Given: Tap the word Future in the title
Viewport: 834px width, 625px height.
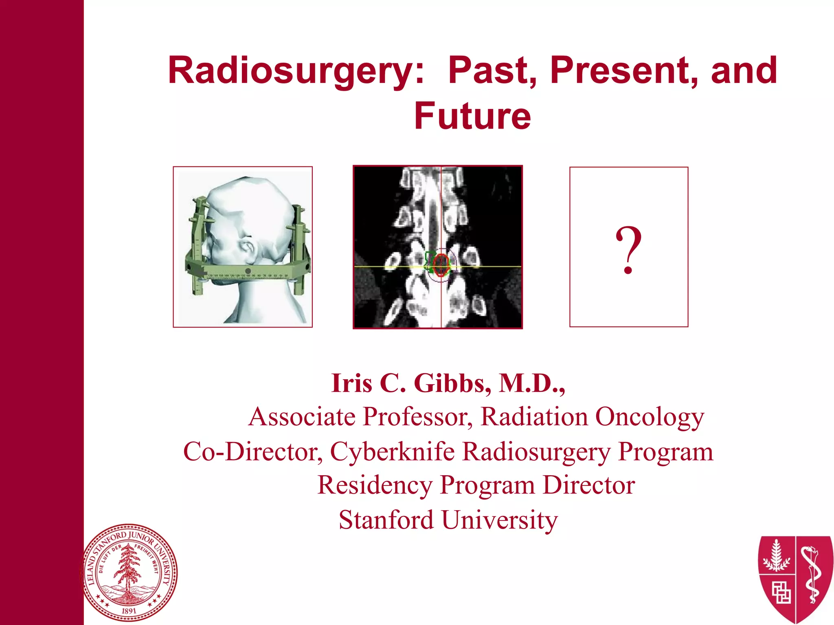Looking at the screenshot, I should coord(472,117).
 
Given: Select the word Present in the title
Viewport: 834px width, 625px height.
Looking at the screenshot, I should coord(623,71).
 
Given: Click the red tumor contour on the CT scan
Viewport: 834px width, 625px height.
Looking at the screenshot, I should coord(441,264).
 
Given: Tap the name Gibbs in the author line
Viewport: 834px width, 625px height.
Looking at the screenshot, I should coord(452,383).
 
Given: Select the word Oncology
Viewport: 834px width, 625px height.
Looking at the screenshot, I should coord(649,417).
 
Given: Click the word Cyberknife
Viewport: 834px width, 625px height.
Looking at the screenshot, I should coord(392,452).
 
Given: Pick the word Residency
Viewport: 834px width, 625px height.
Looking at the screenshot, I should coord(374,485).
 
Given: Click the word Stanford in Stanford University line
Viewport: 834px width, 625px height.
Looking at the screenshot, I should coord(386,520).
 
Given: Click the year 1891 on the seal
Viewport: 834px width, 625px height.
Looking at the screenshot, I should coord(129,611).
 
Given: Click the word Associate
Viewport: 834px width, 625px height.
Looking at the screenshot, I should coord(302,417).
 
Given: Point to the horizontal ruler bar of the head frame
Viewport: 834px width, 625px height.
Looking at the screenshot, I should coord(248,271).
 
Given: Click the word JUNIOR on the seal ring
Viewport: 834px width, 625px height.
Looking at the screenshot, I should coord(141,537).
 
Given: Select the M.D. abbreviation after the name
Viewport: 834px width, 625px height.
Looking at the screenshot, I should coord(531,383).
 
